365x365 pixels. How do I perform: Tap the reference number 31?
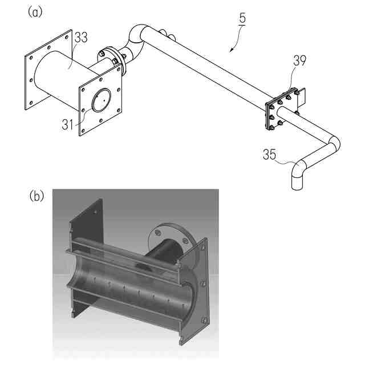[68, 123]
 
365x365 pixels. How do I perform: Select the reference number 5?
[242, 18]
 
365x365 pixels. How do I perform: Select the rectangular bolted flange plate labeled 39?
[279, 110]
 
